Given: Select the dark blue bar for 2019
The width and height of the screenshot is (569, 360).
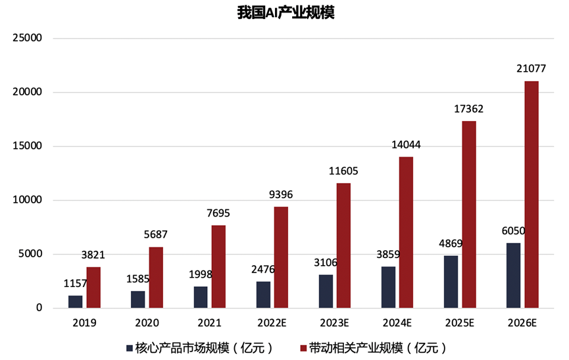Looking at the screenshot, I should tap(76, 301).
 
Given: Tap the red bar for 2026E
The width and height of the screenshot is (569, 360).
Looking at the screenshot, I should tap(531, 194).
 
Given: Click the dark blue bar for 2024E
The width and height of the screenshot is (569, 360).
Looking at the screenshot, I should tap(389, 287).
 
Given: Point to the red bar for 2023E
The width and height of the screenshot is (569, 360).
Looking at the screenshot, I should tap(343, 245).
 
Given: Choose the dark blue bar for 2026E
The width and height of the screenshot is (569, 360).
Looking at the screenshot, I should tap(514, 275).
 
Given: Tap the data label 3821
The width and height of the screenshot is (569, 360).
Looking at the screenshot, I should tap(93, 255).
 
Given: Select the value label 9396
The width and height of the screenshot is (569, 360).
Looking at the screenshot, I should tap(281, 194).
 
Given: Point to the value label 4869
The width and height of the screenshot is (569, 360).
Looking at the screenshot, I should tap(452, 243).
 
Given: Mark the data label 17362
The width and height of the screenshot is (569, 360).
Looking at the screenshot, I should tap(468, 109).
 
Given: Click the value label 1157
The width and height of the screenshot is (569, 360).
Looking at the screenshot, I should tap(76, 283).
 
